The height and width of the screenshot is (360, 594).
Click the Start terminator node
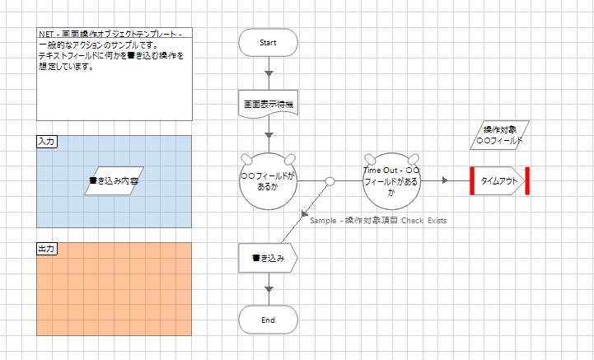(268, 42)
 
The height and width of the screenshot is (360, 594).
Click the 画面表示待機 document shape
(268, 105)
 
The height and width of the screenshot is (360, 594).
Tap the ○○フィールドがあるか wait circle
(268, 180)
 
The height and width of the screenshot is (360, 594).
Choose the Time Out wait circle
(391, 180)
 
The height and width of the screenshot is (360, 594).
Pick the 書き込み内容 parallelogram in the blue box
(115, 180)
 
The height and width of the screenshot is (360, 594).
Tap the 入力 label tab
(47, 142)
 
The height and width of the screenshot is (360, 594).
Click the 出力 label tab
(47, 248)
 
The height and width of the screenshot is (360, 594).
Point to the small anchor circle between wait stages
(330, 180)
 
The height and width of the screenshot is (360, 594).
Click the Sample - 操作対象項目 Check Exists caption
(378, 220)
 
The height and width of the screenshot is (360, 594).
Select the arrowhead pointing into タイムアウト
(445, 180)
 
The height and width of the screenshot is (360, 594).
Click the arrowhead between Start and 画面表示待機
(268, 73)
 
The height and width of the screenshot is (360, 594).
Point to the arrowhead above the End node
(268, 288)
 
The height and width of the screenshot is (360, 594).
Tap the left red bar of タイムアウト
(473, 180)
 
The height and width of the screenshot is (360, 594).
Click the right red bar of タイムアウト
(526, 180)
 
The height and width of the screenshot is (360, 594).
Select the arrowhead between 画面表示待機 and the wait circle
(268, 134)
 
